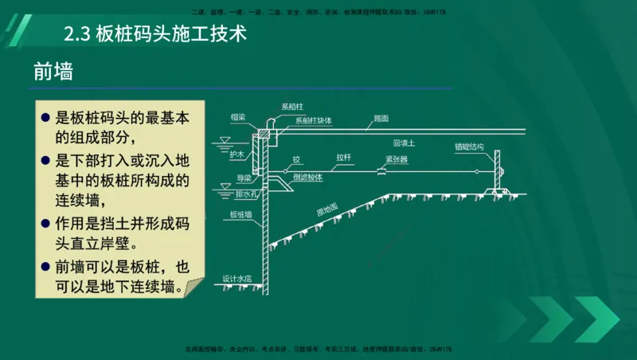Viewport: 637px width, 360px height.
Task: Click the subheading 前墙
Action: point(53,72)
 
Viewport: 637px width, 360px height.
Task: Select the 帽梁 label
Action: point(237,117)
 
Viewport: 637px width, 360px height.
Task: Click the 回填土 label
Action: point(404,143)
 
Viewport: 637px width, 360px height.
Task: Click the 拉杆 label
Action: point(344,158)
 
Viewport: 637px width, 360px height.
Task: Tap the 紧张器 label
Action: point(397,159)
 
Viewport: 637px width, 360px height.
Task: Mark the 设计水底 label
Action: point(237,280)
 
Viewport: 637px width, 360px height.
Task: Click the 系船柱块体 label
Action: point(314,121)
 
